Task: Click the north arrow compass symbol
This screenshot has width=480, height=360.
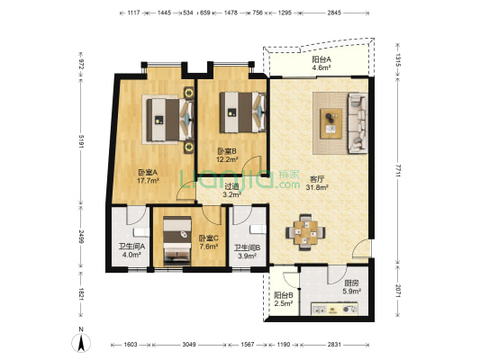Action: pyautogui.click(x=81, y=343)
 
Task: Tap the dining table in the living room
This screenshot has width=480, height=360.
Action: pyautogui.click(x=305, y=233)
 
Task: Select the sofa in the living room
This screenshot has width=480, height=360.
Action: pyautogui.click(x=358, y=123)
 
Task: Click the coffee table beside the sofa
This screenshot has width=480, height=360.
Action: pyautogui.click(x=331, y=123)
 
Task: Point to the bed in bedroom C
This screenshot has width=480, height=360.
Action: pyautogui.click(x=177, y=240)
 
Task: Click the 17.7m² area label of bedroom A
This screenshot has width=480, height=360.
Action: pyautogui.click(x=148, y=181)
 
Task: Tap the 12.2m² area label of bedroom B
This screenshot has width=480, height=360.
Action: pyautogui.click(x=227, y=159)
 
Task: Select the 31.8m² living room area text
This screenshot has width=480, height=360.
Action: pyautogui.click(x=317, y=187)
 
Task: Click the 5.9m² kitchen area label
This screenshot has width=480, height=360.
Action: pyautogui.click(x=352, y=292)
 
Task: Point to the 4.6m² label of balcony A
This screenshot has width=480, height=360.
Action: pyautogui.click(x=322, y=67)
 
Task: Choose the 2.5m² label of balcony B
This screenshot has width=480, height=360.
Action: pyautogui.click(x=284, y=303)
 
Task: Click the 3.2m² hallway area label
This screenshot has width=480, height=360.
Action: pyautogui.click(x=231, y=194)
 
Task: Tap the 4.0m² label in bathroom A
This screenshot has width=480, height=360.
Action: pyautogui.click(x=131, y=255)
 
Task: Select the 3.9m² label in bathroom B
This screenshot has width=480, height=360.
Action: pyautogui.click(x=248, y=256)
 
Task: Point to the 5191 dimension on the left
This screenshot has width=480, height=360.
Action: pyautogui.click(x=81, y=141)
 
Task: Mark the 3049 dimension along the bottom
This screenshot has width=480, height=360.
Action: pyautogui.click(x=189, y=345)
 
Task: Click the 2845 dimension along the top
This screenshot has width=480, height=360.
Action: pyautogui.click(x=334, y=13)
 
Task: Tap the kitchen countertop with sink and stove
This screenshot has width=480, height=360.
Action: pyautogui.click(x=335, y=310)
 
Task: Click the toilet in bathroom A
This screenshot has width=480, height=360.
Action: pyautogui.click(x=141, y=232)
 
